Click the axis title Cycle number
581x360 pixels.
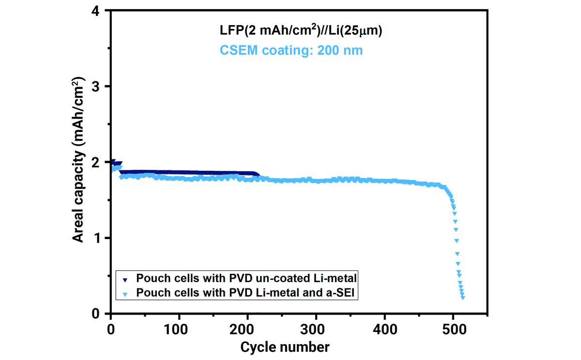[x=285, y=347]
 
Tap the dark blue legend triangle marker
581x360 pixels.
[x=125, y=280]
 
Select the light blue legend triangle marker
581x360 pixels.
[x=125, y=293]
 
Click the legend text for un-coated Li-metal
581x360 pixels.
[x=246, y=278]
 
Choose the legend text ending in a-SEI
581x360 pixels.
[x=246, y=292]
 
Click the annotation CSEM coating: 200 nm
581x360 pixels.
[x=291, y=50]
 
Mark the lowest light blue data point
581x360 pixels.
[x=463, y=298]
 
